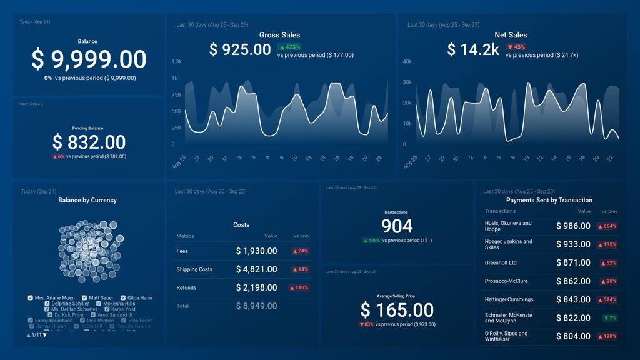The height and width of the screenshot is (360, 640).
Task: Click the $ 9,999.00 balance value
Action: point(89,59)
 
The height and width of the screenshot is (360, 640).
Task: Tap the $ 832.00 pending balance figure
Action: point(89,142)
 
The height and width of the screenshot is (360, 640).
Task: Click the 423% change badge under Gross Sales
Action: point(290,47)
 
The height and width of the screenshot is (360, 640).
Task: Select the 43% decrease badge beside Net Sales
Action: point(516,47)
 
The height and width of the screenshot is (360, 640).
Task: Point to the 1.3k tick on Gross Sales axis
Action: point(177,61)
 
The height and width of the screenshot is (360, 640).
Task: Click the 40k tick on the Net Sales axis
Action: point(407,61)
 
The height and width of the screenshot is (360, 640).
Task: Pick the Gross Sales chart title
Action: point(279,35)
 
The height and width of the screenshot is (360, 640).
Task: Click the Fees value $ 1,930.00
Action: point(256,251)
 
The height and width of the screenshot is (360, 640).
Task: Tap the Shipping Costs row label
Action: point(194,269)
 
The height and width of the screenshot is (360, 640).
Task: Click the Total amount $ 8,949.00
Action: point(256,306)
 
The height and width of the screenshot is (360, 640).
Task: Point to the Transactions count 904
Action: point(397,226)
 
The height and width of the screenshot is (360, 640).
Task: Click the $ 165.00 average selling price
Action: point(397,310)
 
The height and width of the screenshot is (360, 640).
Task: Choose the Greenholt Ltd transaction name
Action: point(501,263)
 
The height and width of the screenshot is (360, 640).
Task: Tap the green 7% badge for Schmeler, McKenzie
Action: point(609,318)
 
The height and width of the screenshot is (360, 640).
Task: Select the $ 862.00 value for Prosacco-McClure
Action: point(573,281)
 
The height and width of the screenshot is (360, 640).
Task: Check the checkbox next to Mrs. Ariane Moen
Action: point(31,298)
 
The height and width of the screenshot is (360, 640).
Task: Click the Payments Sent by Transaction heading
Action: point(549,200)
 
